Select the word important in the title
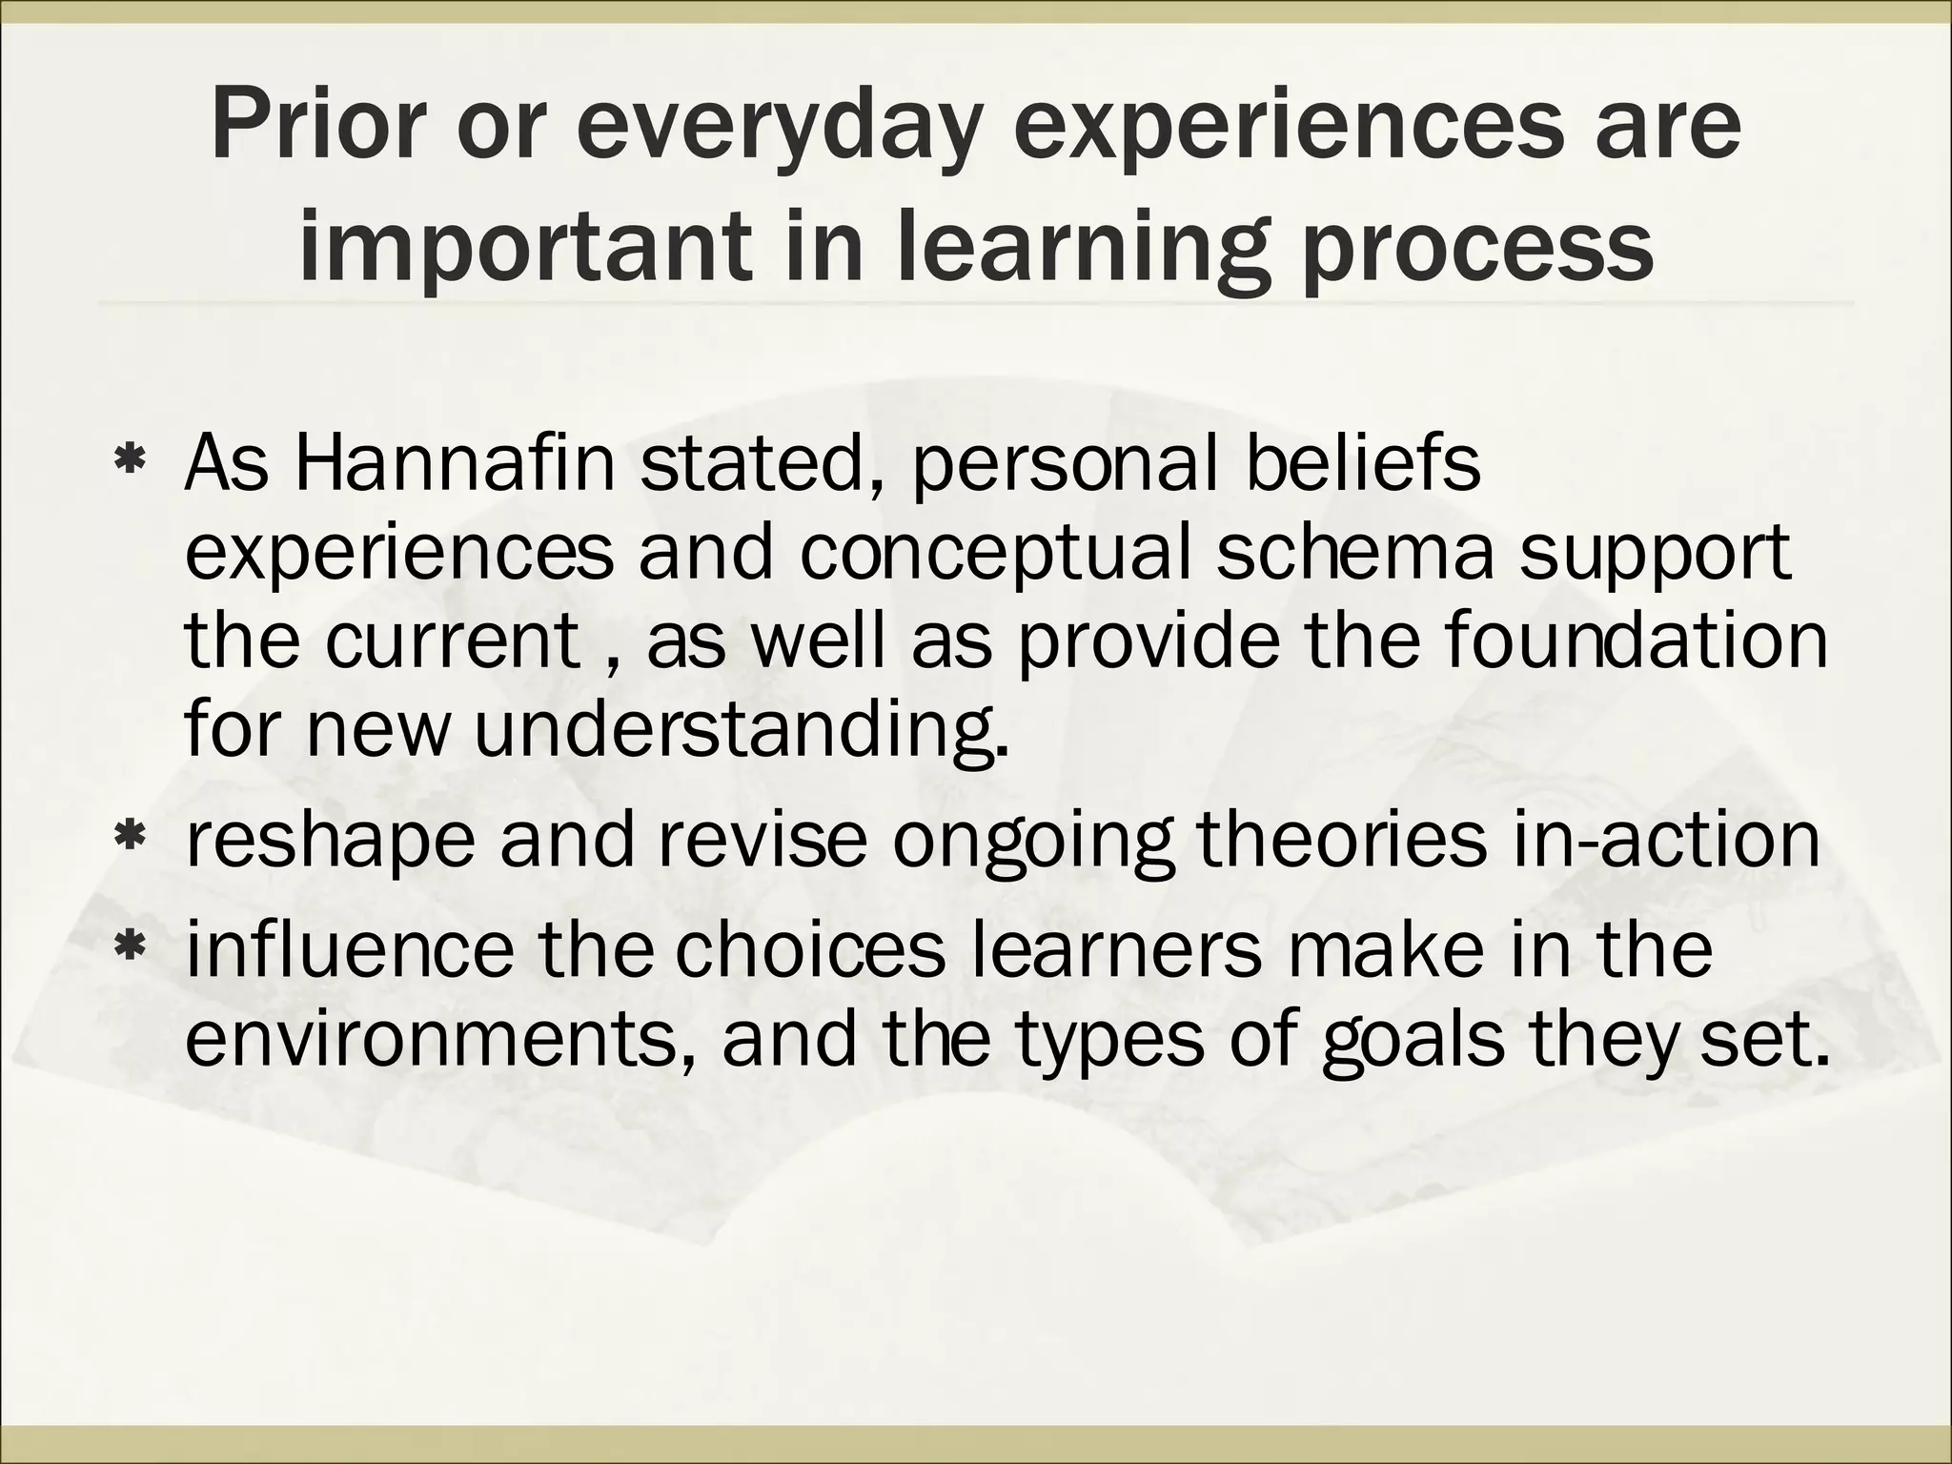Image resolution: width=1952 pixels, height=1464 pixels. coord(521,246)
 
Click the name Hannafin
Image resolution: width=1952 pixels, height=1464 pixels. coord(455,464)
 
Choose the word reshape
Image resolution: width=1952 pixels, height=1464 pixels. coord(330,840)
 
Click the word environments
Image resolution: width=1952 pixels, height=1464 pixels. coord(439,1038)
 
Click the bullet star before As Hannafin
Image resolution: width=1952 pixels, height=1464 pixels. coord(128,464)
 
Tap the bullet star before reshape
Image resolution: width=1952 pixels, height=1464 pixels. coord(128,840)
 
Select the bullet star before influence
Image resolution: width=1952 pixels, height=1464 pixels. coord(128,948)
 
